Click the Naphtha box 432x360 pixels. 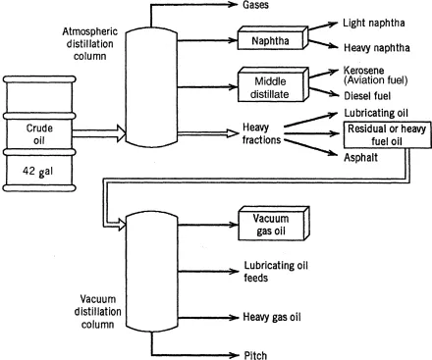pos(273,38)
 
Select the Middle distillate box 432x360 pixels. pos(273,84)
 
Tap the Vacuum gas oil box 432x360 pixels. pos(274,224)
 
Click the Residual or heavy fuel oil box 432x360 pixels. pos(387,135)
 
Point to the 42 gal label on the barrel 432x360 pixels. pos(37,171)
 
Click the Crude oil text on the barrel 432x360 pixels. pos(39,134)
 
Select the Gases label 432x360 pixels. pos(255,5)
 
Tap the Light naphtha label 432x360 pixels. pos(374,23)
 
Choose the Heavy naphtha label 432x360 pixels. pos(377,48)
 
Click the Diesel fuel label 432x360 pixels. pos(367,96)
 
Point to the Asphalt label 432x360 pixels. pos(360,157)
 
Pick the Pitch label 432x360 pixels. pos(255,355)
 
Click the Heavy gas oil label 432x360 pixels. pos(272,317)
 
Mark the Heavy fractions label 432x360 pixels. pos(262,133)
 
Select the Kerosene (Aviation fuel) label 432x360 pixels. pos(375,76)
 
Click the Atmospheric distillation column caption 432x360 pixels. pos(89,44)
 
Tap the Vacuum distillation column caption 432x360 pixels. pos(97,312)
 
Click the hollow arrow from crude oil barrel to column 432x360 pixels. pos(99,133)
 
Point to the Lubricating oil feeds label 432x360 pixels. pos(276,272)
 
